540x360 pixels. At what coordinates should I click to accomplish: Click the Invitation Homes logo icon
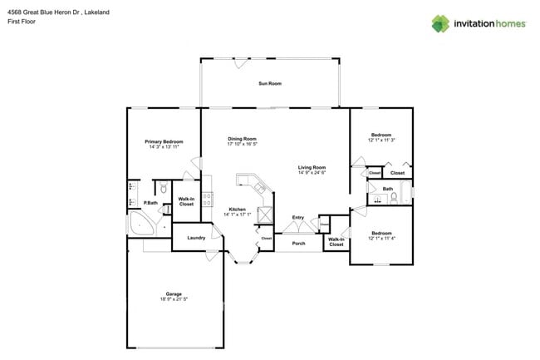coord(440,23)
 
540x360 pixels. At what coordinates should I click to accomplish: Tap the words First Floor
coord(22,23)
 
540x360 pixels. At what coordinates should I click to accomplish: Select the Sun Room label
coord(269,84)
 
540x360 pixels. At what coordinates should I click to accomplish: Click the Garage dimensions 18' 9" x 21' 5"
coord(174,299)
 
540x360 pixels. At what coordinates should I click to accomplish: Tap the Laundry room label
coord(196,239)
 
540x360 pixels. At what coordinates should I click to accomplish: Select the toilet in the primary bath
coord(164,188)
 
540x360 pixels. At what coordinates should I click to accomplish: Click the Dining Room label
coord(242,139)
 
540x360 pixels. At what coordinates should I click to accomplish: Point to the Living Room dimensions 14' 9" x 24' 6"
coord(312,173)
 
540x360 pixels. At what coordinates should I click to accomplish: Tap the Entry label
coord(297,218)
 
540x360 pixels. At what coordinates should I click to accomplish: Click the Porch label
coord(298,244)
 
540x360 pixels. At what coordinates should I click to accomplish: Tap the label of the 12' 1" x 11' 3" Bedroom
coord(380,135)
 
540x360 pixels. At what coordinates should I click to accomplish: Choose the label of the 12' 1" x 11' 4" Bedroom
coord(380,233)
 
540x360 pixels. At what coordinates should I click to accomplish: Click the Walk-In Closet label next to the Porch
coord(336,243)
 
